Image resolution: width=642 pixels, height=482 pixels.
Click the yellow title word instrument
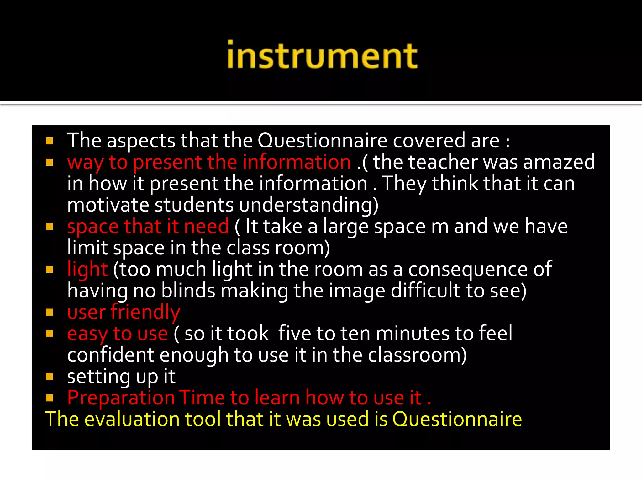coord(322,55)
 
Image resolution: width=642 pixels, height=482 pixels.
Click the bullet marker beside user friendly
coord(49,312)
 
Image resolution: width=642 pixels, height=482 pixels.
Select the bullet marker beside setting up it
coord(49,377)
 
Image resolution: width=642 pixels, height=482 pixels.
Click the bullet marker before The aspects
coord(49,141)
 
